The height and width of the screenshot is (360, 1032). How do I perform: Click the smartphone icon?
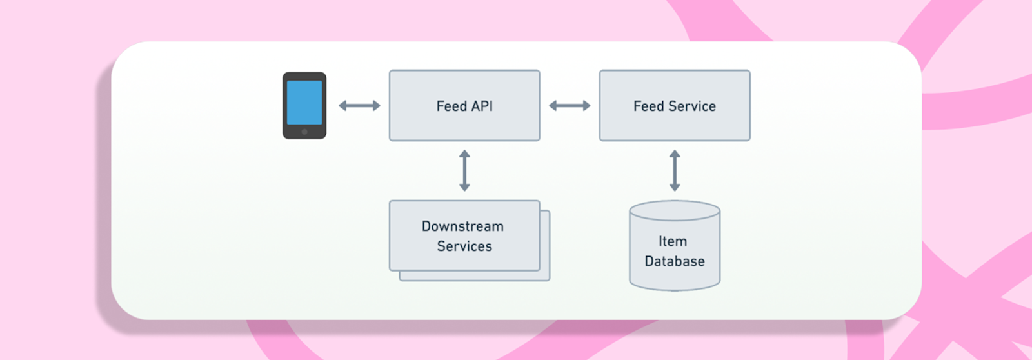coord(304,105)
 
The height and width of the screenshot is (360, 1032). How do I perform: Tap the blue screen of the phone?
coord(304,102)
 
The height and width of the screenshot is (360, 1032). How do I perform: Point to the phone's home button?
coord(304,132)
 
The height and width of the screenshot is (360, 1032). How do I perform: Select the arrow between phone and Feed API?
coord(359,106)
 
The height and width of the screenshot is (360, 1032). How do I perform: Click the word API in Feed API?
coord(481,106)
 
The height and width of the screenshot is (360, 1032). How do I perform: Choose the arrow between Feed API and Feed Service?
coord(570,106)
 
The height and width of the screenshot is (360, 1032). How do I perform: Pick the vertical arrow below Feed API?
coord(464,171)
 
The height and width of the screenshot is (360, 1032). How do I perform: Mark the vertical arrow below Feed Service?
coord(675,171)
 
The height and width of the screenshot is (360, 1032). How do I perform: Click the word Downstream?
coord(462,226)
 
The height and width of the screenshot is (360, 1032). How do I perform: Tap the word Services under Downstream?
coord(464,246)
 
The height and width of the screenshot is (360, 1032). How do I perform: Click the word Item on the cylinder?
coord(673,241)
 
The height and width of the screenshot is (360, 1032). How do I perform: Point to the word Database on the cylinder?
coord(675,261)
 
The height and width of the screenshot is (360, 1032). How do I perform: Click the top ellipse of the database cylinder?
coord(675,211)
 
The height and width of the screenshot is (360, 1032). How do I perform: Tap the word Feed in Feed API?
coord(451,106)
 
